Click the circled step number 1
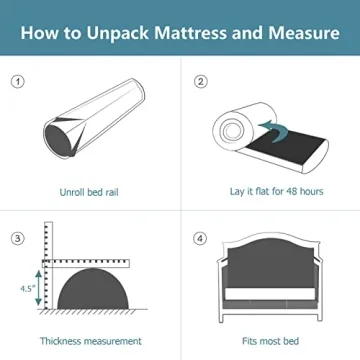pos(17,82)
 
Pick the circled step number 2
pos(200,82)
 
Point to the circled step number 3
pos(17,238)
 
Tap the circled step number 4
pos(200,238)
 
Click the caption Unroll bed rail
pos(91,189)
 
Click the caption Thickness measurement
pos(91,341)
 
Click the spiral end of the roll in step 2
pos(230,128)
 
